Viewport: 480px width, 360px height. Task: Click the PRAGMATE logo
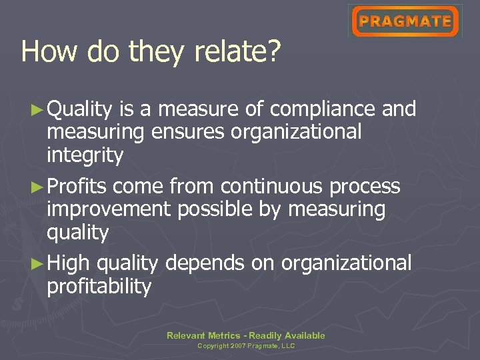pyautogui.click(x=405, y=21)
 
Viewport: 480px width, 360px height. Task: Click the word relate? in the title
pyautogui.click(x=243, y=51)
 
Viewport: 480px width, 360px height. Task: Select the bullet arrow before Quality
pyautogui.click(x=39, y=109)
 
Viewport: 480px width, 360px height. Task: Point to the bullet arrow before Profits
pyautogui.click(x=39, y=186)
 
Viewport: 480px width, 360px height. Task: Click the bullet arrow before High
pyautogui.click(x=39, y=263)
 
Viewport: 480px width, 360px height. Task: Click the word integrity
pyautogui.click(x=85, y=156)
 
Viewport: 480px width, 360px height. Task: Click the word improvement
pyautogui.click(x=109, y=209)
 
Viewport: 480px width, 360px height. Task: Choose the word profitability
pyautogui.click(x=99, y=287)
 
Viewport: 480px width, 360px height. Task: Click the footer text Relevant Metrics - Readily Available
pyautogui.click(x=246, y=335)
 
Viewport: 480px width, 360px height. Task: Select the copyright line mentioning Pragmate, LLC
pyautogui.click(x=246, y=346)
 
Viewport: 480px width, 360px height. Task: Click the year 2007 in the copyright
pyautogui.click(x=239, y=346)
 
